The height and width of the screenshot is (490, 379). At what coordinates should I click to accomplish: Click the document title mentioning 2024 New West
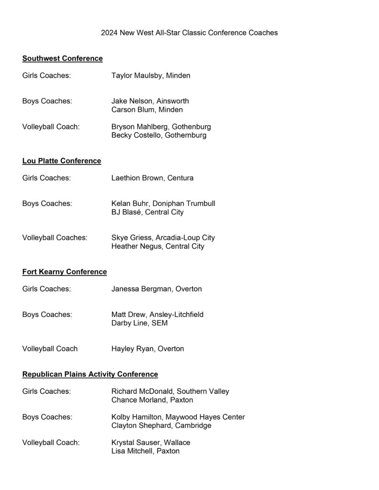189,33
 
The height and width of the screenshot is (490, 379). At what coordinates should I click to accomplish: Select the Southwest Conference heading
62,58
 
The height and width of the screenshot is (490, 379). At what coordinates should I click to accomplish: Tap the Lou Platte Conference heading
61,161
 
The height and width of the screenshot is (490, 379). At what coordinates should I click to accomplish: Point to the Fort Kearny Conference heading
64,272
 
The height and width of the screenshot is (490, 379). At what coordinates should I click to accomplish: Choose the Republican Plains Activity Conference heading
90,374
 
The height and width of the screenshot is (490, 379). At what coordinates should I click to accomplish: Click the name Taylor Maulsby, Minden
150,76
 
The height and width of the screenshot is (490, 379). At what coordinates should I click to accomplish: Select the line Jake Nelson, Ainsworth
150,101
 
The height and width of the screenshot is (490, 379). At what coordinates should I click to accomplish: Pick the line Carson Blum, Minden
147,110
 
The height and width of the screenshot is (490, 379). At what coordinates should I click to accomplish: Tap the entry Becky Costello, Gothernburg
159,135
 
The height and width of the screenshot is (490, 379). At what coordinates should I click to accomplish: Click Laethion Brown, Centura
152,178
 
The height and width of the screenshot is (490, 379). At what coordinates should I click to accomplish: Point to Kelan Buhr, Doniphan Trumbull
163,203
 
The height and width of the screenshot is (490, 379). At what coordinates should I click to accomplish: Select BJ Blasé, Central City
147,212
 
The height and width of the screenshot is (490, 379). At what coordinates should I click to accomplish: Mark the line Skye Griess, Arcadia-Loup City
163,237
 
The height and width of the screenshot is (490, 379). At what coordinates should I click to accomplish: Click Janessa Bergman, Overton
156,289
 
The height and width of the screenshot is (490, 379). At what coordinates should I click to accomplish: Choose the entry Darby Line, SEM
139,323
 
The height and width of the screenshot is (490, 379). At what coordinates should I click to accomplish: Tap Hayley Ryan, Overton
148,348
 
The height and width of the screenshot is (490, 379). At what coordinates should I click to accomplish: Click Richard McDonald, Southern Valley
170,391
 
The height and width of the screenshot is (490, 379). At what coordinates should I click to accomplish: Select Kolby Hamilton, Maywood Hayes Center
178,417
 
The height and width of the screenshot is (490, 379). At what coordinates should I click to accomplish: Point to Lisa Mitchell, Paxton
145,451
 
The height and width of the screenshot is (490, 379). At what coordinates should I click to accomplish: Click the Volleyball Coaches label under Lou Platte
55,237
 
